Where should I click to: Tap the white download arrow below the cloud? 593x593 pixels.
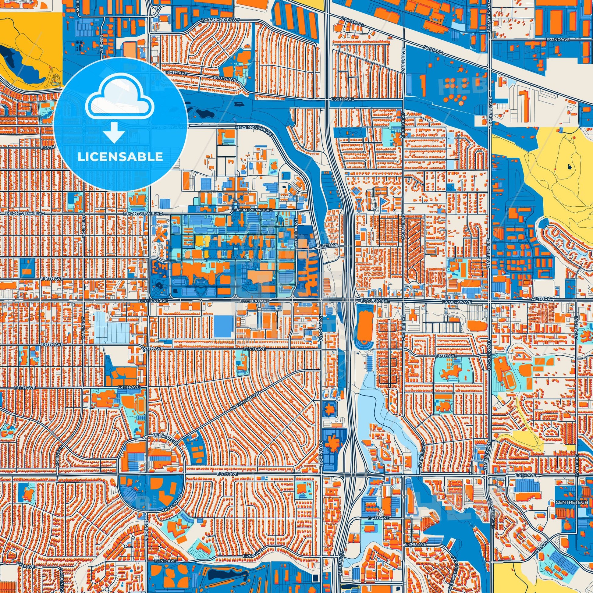point(114,133)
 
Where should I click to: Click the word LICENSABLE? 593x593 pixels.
point(120,157)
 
